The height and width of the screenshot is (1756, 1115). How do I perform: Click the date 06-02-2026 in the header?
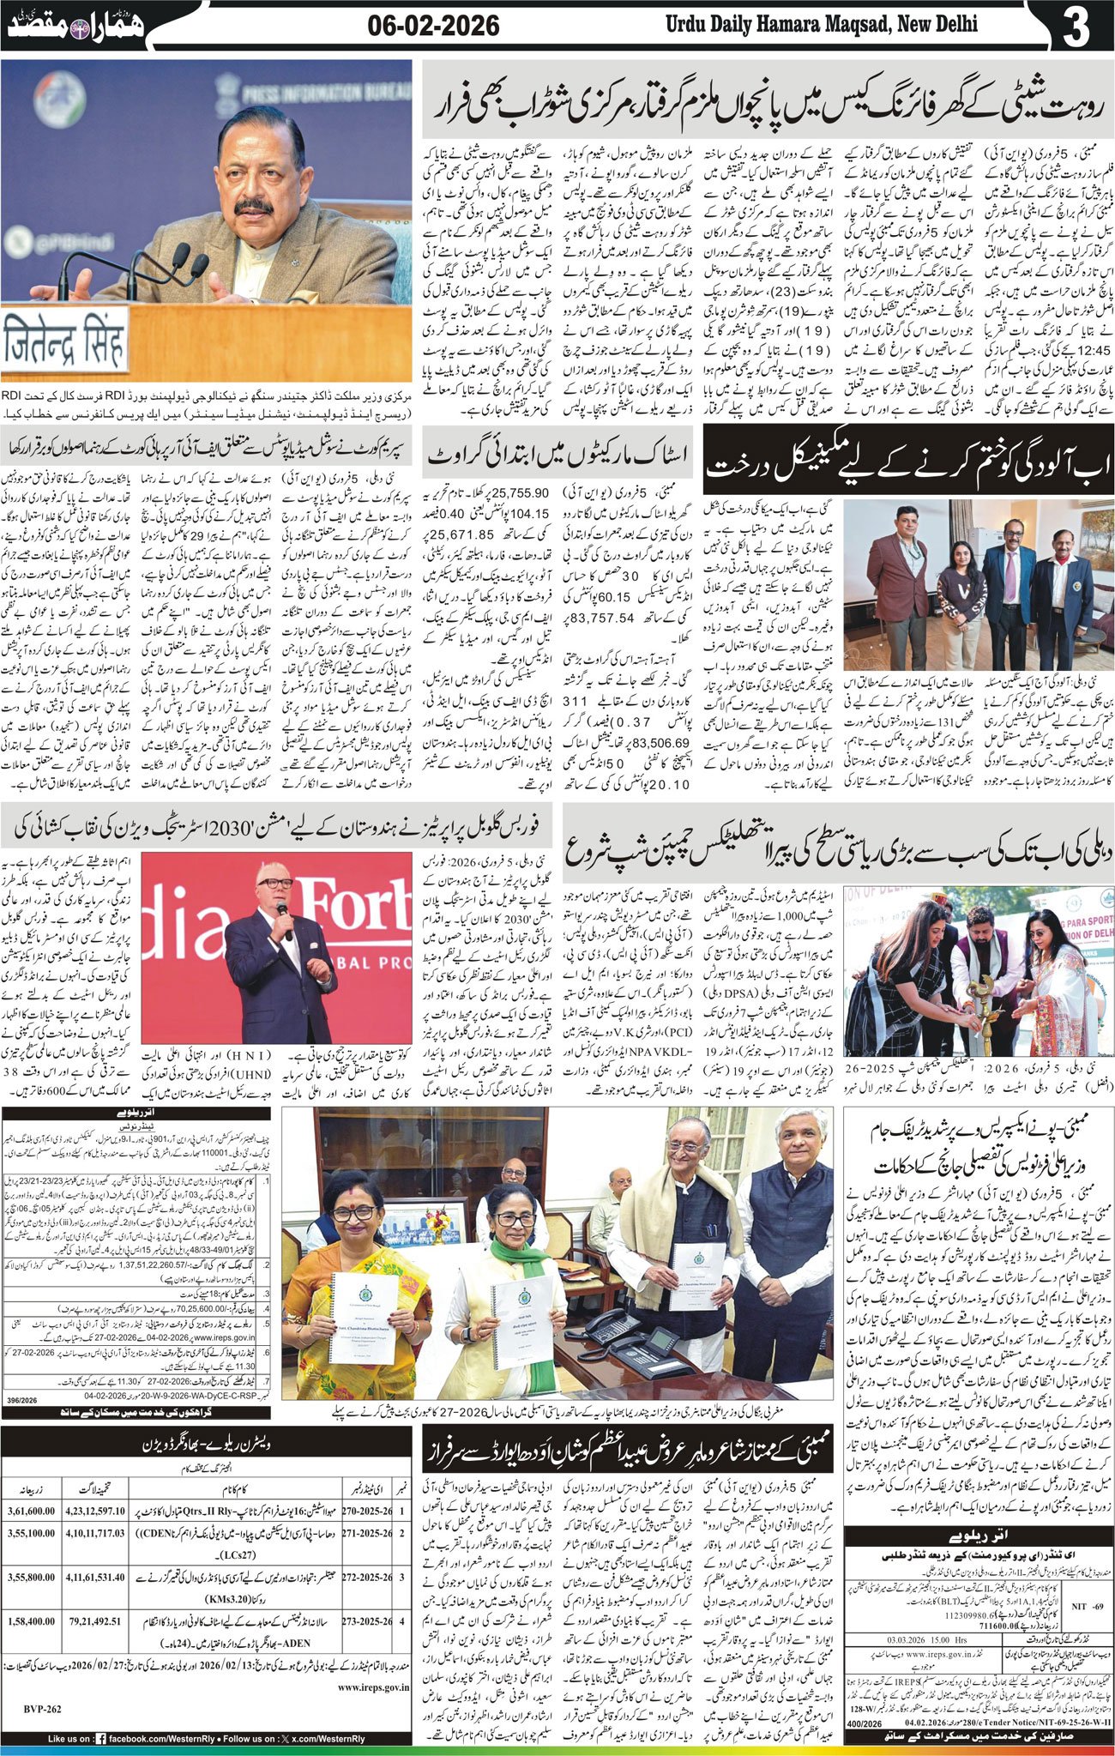point(433,25)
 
